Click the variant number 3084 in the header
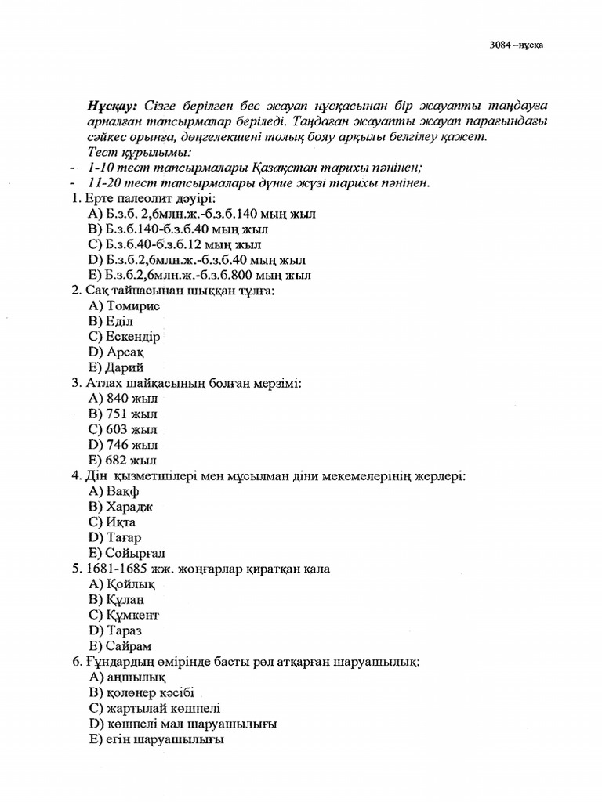pos(499,45)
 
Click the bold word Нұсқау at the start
pos(114,106)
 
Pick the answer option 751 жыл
pos(123,414)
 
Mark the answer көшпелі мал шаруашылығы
pos(183,724)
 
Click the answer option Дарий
pos(117,367)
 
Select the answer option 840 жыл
pos(123,399)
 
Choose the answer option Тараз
pos(118,630)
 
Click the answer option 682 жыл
pos(123,461)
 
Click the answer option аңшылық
pos(127,677)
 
